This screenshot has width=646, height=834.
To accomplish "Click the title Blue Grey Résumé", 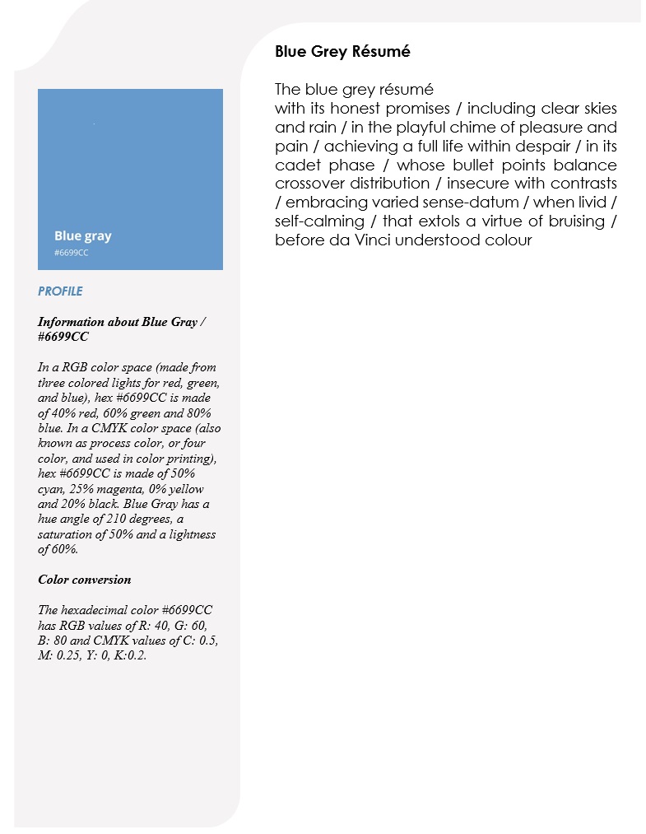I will click(x=342, y=52).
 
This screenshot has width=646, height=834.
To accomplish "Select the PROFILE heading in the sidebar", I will click(x=60, y=291).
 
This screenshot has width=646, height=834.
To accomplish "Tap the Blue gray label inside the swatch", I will click(x=82, y=235).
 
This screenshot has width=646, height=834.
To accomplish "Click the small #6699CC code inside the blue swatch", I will click(x=71, y=253).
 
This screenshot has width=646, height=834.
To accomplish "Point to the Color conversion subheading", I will click(x=84, y=579).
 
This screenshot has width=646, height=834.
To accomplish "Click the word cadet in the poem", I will click(x=295, y=165).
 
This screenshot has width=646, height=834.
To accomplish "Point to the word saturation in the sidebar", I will click(x=65, y=534).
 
